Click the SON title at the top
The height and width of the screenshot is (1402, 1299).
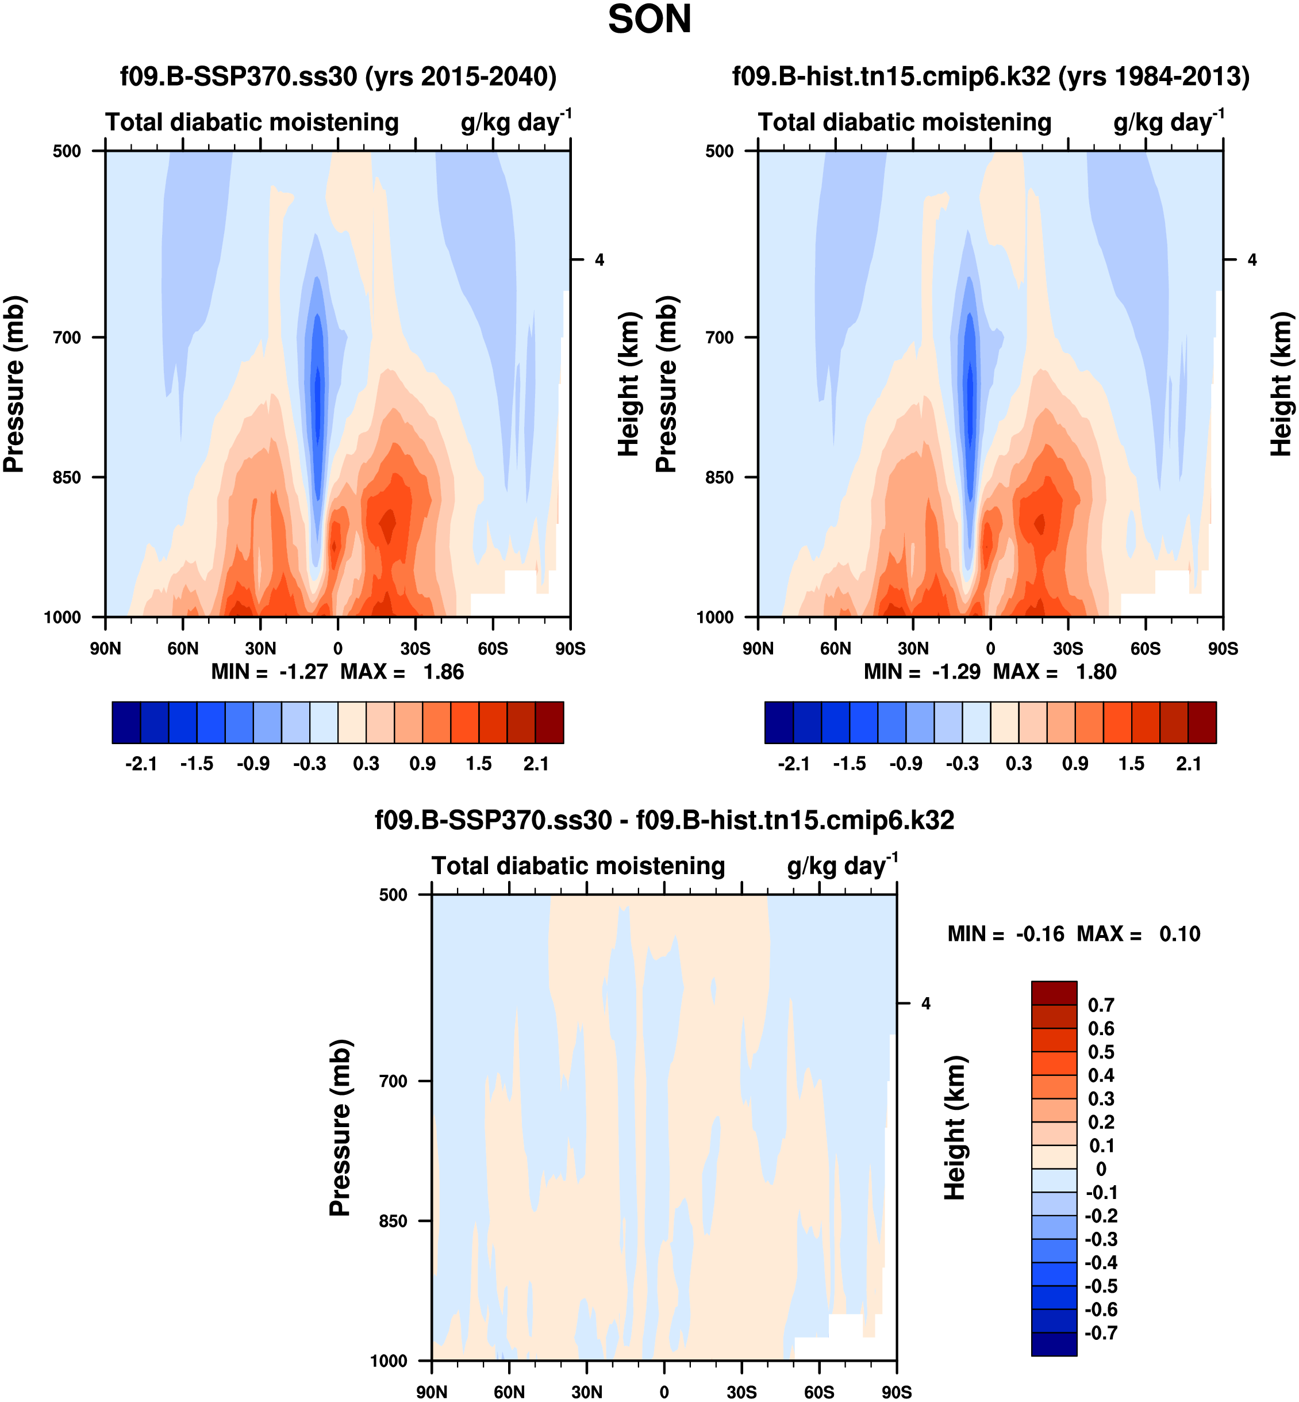point(649,20)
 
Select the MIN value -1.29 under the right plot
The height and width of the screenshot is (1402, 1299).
point(956,672)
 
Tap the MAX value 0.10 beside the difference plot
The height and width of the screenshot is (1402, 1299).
point(1179,934)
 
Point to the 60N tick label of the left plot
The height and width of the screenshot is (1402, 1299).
point(183,648)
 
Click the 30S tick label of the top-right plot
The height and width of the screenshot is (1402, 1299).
point(1068,648)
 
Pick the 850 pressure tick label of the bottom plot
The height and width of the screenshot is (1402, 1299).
point(393,1221)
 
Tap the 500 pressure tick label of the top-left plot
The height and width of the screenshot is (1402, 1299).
point(67,151)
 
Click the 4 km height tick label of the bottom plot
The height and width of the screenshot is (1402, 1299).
point(926,1003)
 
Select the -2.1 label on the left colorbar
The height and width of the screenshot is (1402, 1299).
point(141,764)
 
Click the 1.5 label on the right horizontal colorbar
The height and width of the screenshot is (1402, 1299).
point(1131,764)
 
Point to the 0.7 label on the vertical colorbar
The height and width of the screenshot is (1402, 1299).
point(1101,1005)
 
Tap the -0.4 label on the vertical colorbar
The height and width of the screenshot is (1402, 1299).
point(1101,1262)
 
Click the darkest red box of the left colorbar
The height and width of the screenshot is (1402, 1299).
point(549,722)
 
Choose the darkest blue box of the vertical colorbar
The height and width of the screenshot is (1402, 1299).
point(1054,1344)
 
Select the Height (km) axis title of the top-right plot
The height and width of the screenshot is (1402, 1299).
point(1281,384)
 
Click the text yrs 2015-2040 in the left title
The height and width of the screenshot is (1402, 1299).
point(461,76)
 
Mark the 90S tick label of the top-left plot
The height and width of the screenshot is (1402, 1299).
point(570,648)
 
